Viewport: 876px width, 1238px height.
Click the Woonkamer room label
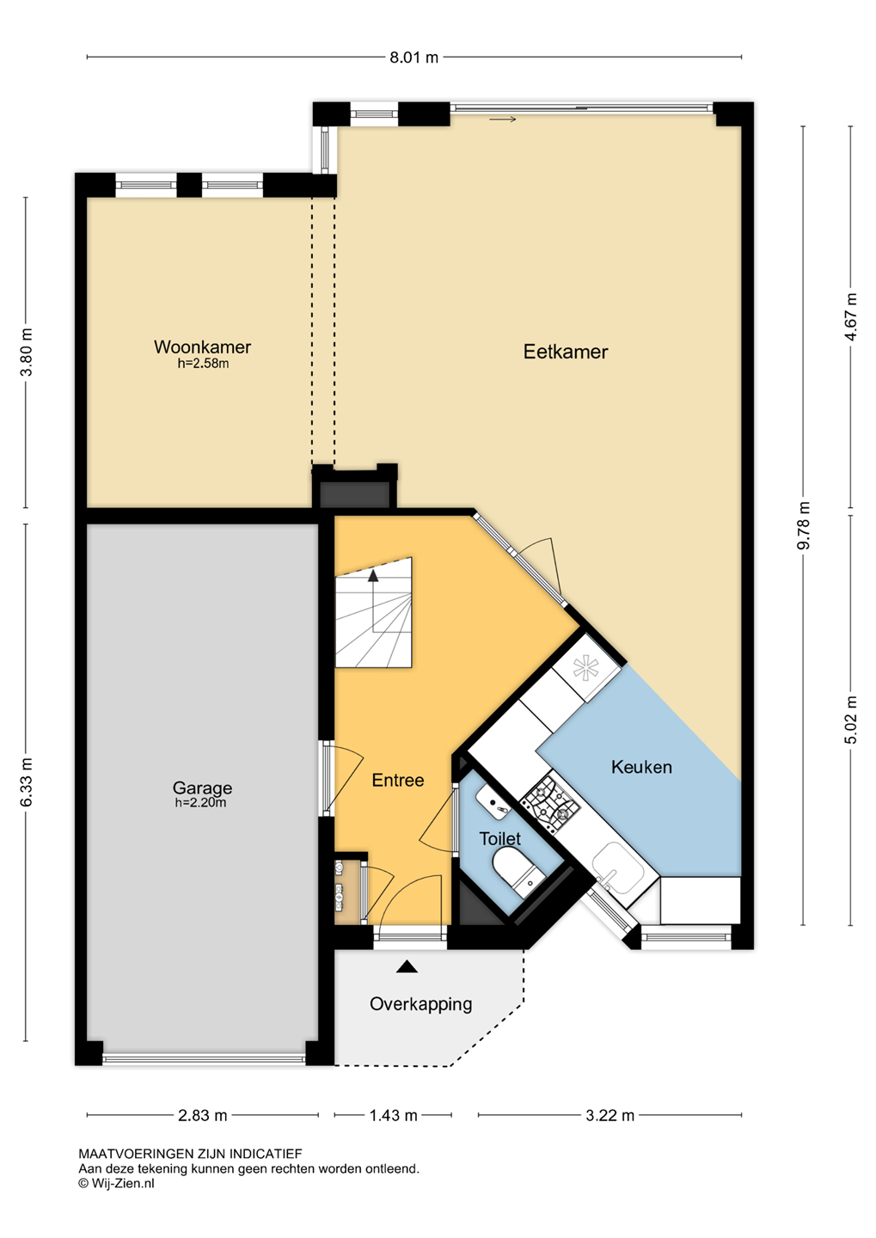coord(202,347)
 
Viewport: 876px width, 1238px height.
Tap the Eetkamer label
coord(566,352)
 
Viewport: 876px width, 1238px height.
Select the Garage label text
coord(202,788)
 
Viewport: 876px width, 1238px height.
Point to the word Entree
coord(398,780)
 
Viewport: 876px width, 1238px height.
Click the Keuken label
coord(641,767)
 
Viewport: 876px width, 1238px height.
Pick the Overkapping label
coord(420,1003)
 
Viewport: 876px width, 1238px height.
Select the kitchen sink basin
coord(618,867)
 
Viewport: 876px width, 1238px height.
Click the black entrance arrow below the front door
coord(407,966)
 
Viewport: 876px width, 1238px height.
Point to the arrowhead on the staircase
coord(374,575)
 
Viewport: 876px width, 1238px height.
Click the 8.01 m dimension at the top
coord(414,58)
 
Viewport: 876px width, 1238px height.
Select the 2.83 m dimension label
coord(202,1115)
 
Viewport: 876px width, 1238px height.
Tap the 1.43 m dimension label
coord(393,1115)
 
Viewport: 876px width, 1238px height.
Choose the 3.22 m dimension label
coord(610,1115)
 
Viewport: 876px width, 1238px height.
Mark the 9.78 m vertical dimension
coord(803,525)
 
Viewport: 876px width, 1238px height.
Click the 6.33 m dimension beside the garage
coord(27,782)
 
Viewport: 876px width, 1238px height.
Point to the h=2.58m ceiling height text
coord(203,363)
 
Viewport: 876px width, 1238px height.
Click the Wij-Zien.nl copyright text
coord(116,1183)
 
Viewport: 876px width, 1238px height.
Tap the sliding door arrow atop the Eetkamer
coord(502,119)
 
